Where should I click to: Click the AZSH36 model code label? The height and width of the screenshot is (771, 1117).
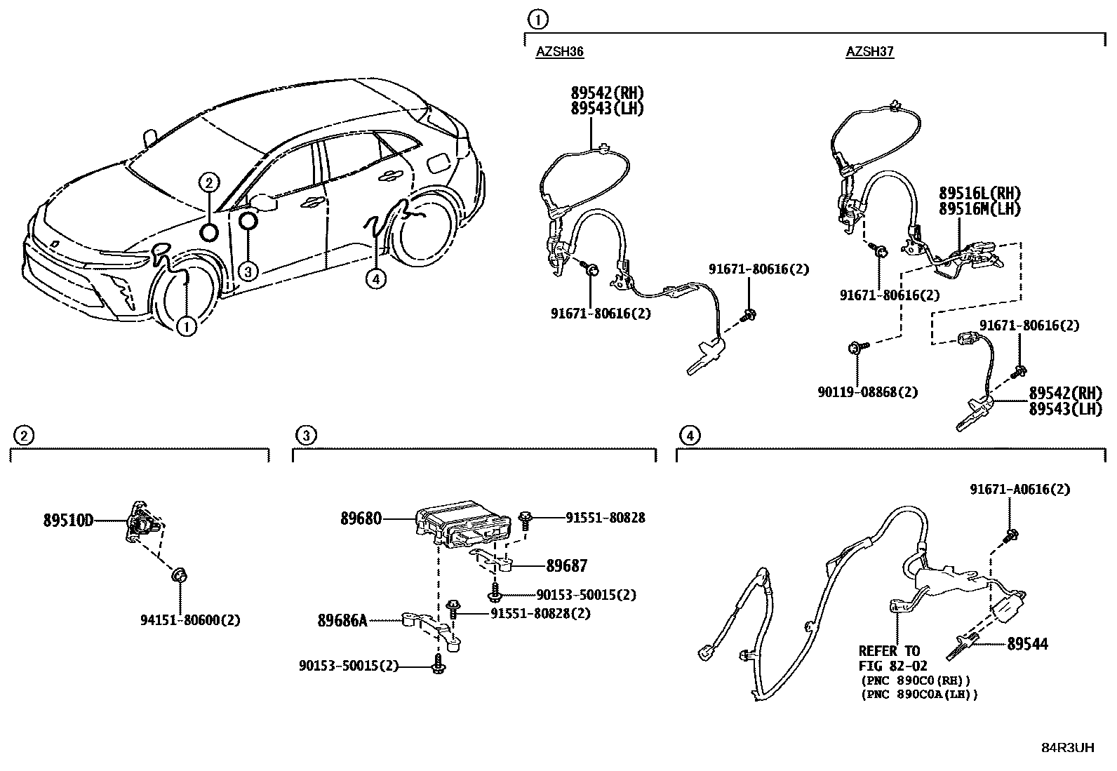point(560,51)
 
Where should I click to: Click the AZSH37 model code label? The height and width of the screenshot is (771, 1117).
point(869,51)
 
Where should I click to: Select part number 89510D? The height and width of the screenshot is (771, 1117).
point(68,521)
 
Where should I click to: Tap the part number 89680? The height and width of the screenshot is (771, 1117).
point(361,518)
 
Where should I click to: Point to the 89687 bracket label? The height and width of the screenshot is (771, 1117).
point(567,565)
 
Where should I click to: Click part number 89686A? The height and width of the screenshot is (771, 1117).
point(342,620)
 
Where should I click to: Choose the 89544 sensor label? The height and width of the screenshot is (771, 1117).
point(1027,643)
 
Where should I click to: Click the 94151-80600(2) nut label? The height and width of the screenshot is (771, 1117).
point(190,620)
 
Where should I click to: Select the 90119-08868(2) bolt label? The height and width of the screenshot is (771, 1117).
point(867,392)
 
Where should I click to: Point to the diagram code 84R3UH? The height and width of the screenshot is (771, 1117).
point(1067,747)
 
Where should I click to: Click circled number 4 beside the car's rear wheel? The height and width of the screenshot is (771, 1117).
point(376,279)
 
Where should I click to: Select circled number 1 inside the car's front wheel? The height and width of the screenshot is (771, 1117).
point(187,326)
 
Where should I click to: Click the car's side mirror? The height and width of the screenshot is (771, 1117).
point(265,202)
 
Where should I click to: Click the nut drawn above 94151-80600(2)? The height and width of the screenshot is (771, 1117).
point(180,577)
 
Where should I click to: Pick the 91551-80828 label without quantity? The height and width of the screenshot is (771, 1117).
point(605,518)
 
